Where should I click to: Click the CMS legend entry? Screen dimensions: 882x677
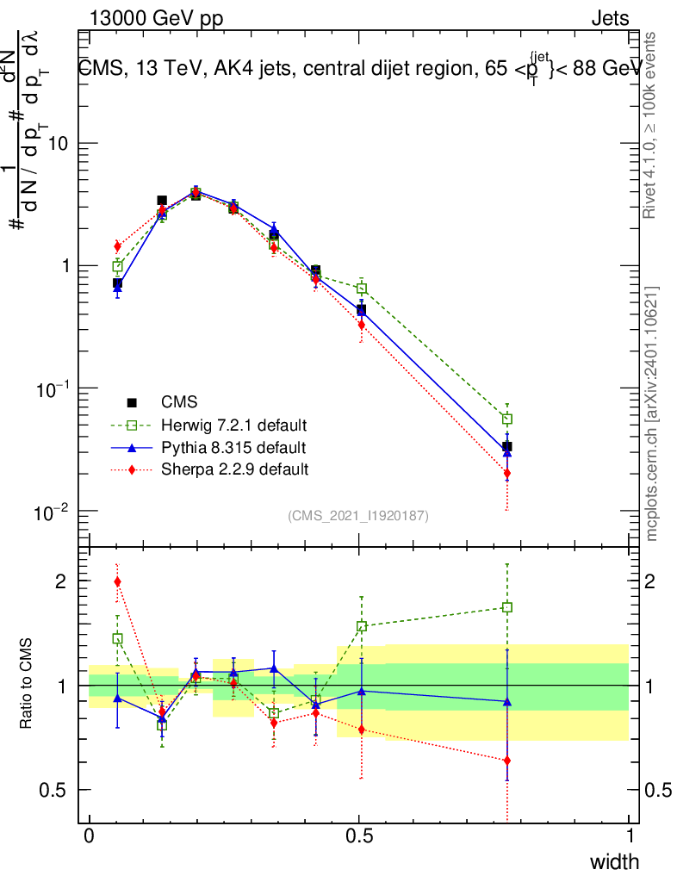[x=179, y=401]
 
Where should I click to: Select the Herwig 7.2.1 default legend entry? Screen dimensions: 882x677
[x=233, y=425]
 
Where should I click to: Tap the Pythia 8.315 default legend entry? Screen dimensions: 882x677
[x=233, y=448]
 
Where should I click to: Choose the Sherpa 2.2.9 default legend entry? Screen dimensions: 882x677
[x=234, y=469]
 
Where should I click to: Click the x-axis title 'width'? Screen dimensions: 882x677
[x=614, y=861]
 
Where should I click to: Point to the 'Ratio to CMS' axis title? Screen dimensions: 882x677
[x=28, y=685]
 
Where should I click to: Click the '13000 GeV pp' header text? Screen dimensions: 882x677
[x=155, y=19]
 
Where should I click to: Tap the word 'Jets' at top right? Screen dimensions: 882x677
[x=610, y=19]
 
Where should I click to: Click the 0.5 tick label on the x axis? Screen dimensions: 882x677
[x=360, y=836]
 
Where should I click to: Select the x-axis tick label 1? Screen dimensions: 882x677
[x=630, y=836]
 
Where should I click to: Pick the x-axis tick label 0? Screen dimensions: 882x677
[x=90, y=836]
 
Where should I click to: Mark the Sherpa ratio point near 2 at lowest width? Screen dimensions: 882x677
[x=117, y=581]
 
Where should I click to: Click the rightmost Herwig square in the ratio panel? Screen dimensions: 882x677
[x=507, y=607]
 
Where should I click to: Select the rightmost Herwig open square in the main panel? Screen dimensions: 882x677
[x=507, y=419]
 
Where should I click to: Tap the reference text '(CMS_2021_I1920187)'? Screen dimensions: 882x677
[x=358, y=515]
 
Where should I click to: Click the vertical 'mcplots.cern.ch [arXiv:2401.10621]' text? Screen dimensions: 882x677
[x=652, y=413]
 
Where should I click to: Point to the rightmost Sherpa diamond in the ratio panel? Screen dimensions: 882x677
[x=507, y=761]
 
